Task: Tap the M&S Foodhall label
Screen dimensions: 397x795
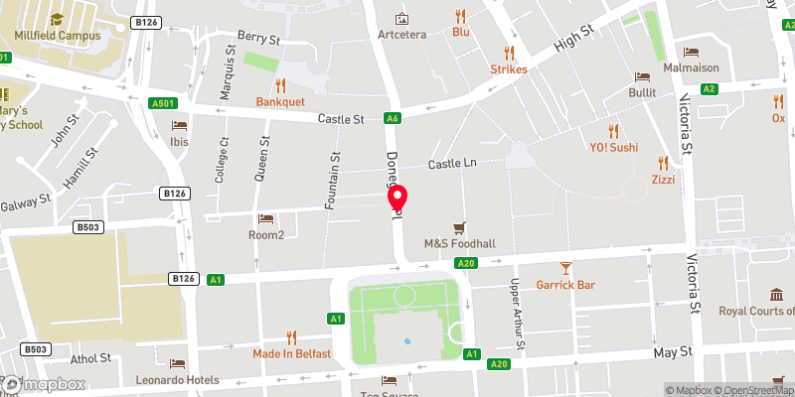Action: (x=459, y=244)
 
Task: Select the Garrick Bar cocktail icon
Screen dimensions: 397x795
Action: (x=565, y=267)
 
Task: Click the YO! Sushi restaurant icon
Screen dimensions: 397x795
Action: (x=613, y=130)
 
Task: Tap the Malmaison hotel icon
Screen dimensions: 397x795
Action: (x=691, y=53)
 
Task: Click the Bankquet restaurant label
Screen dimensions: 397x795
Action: (x=280, y=102)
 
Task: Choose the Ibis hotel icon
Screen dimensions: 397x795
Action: (x=179, y=125)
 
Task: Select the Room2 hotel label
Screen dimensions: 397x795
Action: (x=266, y=235)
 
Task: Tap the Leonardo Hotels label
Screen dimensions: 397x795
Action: (x=179, y=380)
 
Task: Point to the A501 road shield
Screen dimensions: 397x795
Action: (x=166, y=102)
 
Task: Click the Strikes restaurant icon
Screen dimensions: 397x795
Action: (x=509, y=52)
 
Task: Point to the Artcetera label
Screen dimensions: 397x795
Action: (x=401, y=35)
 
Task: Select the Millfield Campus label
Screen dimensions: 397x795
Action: (x=58, y=35)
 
